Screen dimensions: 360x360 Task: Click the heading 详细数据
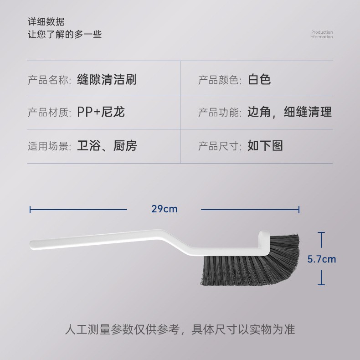click(46, 22)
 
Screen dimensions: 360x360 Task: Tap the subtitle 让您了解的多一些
click(65, 34)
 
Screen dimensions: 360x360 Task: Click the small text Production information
click(321, 35)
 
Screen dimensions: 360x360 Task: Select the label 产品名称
click(49, 80)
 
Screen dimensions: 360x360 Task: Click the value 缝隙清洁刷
click(107, 80)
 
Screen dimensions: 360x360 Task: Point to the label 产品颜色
click(219, 80)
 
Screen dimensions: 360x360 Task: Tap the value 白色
click(259, 80)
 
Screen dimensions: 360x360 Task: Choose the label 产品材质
click(49, 113)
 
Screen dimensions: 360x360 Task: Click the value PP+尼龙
click(101, 112)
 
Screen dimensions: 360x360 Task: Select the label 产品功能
click(219, 113)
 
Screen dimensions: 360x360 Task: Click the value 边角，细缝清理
click(289, 112)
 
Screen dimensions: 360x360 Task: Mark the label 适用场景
click(49, 146)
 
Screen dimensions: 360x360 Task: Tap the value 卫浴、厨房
click(107, 146)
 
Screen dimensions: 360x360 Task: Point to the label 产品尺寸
click(219, 146)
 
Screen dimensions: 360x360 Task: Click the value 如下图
click(265, 146)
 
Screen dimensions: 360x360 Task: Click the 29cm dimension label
click(164, 209)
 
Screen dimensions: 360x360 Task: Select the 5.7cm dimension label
click(321, 259)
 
